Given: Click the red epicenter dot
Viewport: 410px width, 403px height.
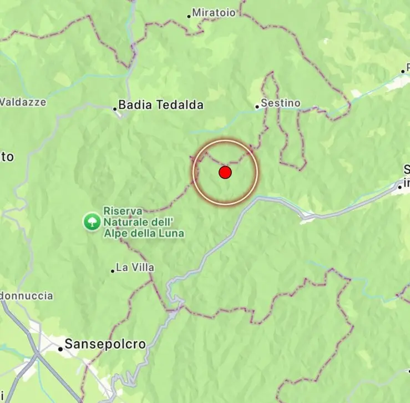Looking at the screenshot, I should pos(225,173).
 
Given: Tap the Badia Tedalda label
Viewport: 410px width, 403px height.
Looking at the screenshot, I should pos(161,105).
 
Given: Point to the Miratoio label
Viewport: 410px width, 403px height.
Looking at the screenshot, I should pos(214,12).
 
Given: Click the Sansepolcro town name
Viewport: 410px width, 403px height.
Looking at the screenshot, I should pos(105,344).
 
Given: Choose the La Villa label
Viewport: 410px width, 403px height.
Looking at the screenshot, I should pos(135,268).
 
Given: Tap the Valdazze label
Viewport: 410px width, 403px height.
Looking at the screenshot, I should pos(23,102).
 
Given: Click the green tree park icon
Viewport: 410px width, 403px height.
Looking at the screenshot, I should pos(91,222).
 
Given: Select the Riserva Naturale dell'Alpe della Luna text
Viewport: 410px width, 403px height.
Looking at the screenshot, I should pos(144,222).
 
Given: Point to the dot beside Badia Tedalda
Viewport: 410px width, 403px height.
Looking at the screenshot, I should pos(115,109).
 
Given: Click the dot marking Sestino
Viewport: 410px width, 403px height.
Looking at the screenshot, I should pos(257,107).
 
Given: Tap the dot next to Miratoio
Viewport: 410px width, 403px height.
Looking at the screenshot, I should pos(189,16).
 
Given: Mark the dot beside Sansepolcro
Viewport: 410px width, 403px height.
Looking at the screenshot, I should pos(60,349).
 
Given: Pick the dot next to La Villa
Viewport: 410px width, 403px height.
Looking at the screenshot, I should pos(113,271).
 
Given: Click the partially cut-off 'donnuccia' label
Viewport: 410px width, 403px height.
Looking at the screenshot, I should pos(27,296).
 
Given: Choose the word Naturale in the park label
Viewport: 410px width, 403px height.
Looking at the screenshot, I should pos(123,222).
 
